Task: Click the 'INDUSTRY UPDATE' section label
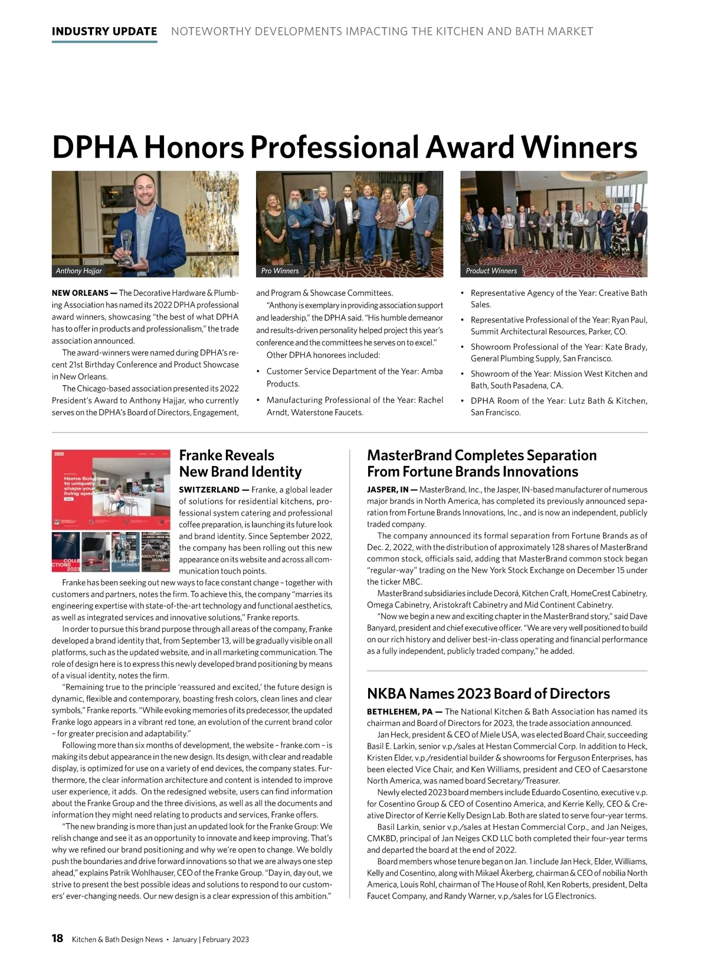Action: click(x=104, y=31)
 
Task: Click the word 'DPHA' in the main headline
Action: click(x=94, y=147)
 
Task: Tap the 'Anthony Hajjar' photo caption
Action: click(x=78, y=271)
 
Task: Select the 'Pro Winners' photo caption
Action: click(x=280, y=271)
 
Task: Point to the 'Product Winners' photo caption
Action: click(x=491, y=271)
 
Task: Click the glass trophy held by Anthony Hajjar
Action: click(x=126, y=247)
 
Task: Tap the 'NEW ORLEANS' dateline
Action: click(x=80, y=293)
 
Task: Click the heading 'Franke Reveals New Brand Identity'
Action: click(x=240, y=464)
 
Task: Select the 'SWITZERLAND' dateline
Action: click(x=209, y=490)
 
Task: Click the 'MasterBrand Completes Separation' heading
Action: click(x=481, y=455)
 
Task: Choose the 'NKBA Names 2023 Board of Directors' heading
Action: click(x=488, y=693)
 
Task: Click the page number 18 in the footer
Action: click(x=57, y=938)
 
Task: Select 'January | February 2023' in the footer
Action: click(x=211, y=940)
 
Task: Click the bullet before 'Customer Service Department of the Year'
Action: click(x=258, y=371)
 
